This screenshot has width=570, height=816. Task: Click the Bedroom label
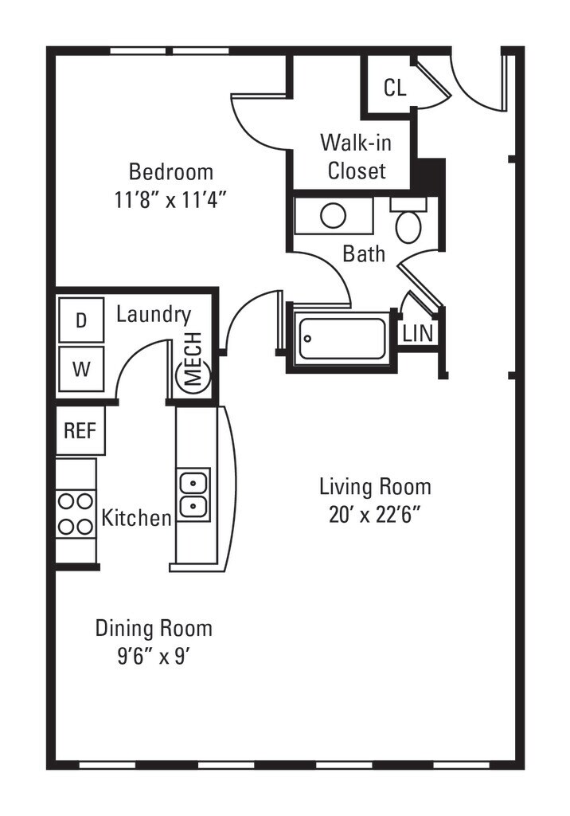170,172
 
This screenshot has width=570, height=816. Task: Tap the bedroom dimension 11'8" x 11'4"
170,200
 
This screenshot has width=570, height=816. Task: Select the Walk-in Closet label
357,157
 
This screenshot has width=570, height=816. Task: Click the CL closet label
395,88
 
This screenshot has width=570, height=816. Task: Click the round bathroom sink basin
334,216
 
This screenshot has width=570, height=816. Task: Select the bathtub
343,338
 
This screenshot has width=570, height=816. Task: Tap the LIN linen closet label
418,333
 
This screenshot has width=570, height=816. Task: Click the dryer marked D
81,320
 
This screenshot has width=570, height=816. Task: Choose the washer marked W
81,369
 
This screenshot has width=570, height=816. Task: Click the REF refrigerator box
80,430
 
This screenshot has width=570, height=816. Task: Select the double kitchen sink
193,494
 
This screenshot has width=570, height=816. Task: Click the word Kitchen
136,518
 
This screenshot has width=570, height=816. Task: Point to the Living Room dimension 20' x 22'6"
374,516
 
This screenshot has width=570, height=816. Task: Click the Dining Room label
154,628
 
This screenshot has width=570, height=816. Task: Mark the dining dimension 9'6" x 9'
152,657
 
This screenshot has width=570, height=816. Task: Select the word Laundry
154,315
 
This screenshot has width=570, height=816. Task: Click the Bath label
364,254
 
